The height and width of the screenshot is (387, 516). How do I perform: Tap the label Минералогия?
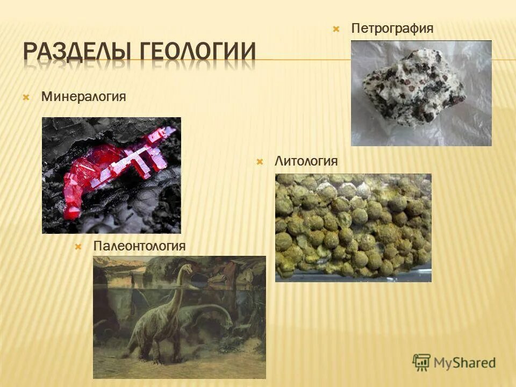pyautogui.click(x=83, y=97)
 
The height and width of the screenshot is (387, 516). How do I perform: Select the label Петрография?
pyautogui.click(x=392, y=28)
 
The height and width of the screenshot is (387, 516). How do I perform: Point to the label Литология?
pyautogui.click(x=306, y=161)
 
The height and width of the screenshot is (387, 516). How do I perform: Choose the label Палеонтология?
pyautogui.click(x=139, y=246)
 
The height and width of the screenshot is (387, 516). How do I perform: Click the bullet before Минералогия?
pyautogui.click(x=26, y=98)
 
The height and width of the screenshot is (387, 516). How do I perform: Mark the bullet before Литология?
pyautogui.click(x=260, y=162)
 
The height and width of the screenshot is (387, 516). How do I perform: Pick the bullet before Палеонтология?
pyautogui.click(x=78, y=247)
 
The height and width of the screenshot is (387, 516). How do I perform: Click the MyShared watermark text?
pyautogui.click(x=464, y=363)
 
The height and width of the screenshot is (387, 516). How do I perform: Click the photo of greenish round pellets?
pyautogui.click(x=353, y=227)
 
